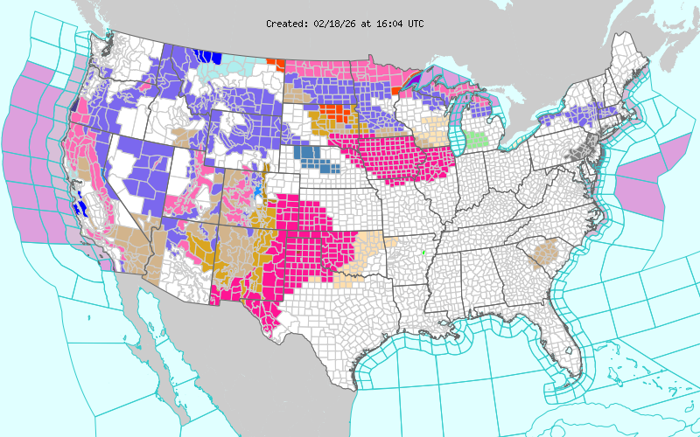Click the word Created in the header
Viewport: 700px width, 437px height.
tap(286, 24)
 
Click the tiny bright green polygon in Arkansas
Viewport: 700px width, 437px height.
tap(423, 253)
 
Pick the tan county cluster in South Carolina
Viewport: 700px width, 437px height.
tap(546, 254)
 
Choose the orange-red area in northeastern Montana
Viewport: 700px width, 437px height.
tap(272, 64)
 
